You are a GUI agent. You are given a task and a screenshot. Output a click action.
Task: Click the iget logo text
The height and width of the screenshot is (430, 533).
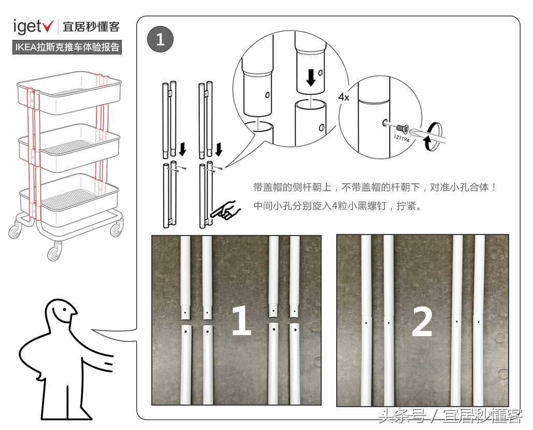[28, 26]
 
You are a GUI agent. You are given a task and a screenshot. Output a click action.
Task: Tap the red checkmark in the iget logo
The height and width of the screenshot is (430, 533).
[49, 25]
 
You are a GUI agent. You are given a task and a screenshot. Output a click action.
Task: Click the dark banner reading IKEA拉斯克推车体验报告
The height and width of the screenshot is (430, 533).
[67, 47]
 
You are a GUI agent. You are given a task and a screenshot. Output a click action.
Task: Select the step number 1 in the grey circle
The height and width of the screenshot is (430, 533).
[160, 39]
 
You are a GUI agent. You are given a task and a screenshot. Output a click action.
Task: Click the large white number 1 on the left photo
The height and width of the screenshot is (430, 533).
[241, 322]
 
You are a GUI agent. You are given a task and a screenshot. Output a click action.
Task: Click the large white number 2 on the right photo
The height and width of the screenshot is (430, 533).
[422, 322]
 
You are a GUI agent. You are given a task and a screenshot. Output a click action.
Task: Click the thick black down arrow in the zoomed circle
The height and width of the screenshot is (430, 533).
[311, 78]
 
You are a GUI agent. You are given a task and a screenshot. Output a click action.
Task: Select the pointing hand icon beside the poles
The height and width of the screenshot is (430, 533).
[227, 210]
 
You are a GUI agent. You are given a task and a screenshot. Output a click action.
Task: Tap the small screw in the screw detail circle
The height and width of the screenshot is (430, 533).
[400, 127]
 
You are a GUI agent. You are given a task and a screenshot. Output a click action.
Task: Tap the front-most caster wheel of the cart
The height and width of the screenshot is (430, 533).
[54, 253]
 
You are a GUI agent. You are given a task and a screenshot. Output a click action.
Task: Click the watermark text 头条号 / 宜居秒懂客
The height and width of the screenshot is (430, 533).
[450, 416]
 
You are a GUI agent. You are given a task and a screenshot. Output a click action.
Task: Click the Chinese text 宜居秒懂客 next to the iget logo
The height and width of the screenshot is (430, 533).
[91, 26]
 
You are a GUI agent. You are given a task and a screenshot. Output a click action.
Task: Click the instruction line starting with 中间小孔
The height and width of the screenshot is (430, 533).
[338, 206]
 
